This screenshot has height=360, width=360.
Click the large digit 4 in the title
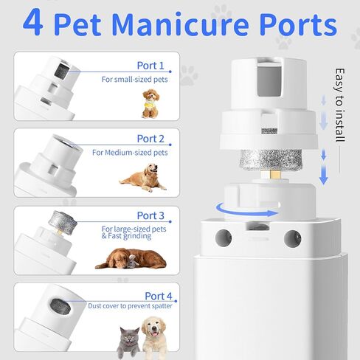(x=33, y=22)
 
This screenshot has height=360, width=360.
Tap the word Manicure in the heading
(x=181, y=24)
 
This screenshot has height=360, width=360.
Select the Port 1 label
(x=150, y=66)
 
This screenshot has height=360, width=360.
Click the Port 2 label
(x=150, y=139)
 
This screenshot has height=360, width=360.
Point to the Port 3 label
(x=150, y=215)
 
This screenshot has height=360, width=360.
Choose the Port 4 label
(x=159, y=296)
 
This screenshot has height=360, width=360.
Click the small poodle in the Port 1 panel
(x=150, y=104)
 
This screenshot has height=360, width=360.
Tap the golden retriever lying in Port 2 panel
(x=143, y=178)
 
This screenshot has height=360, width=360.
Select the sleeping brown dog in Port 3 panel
(x=131, y=259)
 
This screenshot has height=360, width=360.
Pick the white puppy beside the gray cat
(x=154, y=337)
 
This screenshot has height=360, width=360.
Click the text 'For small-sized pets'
(x=134, y=80)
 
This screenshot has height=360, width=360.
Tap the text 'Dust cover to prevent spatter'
(x=130, y=306)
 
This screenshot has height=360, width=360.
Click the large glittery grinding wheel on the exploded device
(x=271, y=160)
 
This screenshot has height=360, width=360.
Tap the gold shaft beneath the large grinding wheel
(x=275, y=175)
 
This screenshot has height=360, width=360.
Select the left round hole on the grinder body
(x=224, y=238)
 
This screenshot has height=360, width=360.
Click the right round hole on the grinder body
(x=293, y=238)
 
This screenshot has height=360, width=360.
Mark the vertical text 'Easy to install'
(x=340, y=105)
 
